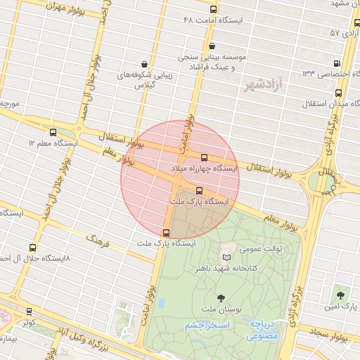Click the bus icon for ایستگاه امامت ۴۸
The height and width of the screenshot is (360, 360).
pyautogui.click(x=214, y=8)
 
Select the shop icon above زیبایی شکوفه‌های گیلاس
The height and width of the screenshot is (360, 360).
pyautogui.click(x=145, y=63)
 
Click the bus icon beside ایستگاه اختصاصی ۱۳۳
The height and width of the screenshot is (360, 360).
pyautogui.click(x=337, y=63)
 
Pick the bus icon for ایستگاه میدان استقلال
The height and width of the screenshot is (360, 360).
pyautogui.click(x=338, y=92)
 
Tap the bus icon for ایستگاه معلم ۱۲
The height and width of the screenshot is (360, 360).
pyautogui.click(x=53, y=131)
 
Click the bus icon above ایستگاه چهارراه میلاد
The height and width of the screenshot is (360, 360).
pyautogui.click(x=205, y=158)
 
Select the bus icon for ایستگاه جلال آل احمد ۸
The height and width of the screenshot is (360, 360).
pyautogui.click(x=32, y=247)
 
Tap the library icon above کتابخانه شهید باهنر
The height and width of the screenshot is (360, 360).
pyautogui.click(x=226, y=258)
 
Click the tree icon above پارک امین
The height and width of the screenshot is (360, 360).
pyautogui.click(x=341, y=296)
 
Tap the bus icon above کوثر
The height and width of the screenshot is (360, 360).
pyautogui.click(x=29, y=311)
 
